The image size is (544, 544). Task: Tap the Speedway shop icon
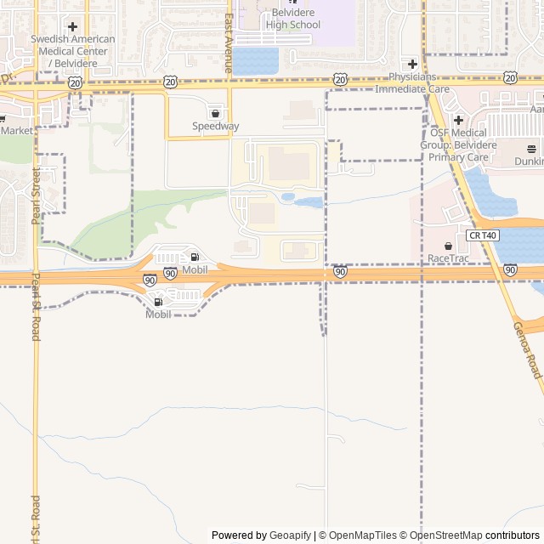[215, 113]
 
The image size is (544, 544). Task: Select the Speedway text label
[215, 127]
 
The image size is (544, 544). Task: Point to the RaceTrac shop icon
[448, 246]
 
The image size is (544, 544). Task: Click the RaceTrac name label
[448, 258]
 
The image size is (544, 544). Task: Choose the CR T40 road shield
[482, 235]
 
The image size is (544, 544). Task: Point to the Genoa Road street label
[528, 349]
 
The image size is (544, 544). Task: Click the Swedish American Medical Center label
[72, 51]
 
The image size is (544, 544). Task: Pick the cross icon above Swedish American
[72, 27]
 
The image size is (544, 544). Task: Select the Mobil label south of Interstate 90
[158, 314]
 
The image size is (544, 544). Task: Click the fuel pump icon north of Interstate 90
[195, 257]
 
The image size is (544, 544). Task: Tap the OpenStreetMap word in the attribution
[445, 535]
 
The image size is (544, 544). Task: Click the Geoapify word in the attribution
[291, 535]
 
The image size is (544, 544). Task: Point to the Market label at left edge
[17, 131]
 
